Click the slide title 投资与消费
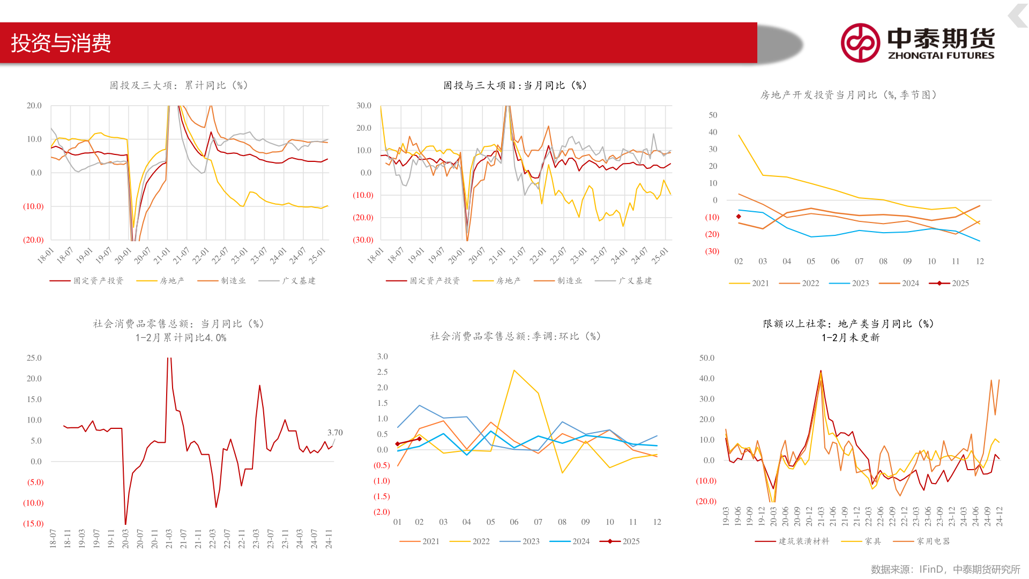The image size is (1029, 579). click(61, 43)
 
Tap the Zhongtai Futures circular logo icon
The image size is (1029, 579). click(860, 43)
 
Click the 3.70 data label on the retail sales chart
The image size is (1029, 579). click(335, 433)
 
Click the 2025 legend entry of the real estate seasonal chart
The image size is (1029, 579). click(960, 284)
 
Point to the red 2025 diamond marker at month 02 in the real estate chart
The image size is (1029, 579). click(739, 217)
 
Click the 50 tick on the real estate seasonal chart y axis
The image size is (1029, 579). click(713, 115)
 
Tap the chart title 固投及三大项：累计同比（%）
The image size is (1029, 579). click(178, 86)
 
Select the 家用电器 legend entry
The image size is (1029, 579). click(933, 541)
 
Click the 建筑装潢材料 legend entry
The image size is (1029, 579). click(803, 541)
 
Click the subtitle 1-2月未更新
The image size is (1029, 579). click(851, 338)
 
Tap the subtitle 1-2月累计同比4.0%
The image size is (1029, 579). click(181, 338)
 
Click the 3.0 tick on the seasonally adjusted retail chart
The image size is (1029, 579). click(383, 357)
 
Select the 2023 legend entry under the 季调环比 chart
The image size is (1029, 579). click(531, 541)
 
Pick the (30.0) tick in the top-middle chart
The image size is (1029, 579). click(363, 240)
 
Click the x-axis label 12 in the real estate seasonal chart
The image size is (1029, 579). click(980, 262)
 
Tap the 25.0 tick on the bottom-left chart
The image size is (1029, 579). click(34, 358)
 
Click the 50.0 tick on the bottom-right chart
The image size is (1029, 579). click(707, 358)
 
